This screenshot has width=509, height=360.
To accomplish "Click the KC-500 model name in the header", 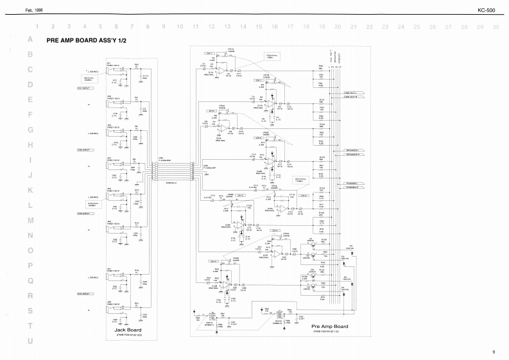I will [486, 10].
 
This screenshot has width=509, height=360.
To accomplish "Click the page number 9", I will [494, 352].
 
